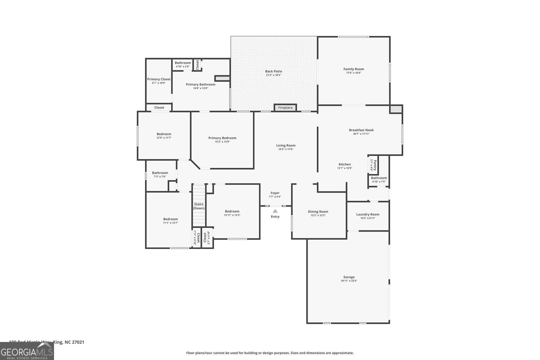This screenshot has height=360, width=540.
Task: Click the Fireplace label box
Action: [x=285, y=108]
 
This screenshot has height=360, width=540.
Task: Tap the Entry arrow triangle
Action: [x=275, y=211]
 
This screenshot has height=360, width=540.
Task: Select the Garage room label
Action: [x=349, y=277]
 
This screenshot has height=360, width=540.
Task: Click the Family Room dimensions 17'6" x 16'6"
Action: [x=354, y=73]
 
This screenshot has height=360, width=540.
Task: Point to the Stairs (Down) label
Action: [x=199, y=206]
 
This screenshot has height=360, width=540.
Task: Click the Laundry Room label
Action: [x=368, y=214]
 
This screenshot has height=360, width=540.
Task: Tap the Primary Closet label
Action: [x=159, y=79]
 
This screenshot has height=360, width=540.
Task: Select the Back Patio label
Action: [x=273, y=71]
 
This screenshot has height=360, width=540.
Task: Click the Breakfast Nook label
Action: [x=361, y=130]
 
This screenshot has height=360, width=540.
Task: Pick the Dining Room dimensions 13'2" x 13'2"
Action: [x=318, y=215]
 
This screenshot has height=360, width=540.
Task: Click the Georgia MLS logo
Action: [x=27, y=351]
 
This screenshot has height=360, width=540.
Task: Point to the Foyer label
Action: [x=275, y=193]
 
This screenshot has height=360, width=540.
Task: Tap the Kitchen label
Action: [x=345, y=164]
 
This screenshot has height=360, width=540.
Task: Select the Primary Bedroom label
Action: [x=222, y=138]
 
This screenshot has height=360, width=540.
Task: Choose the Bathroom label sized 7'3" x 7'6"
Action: [x=160, y=173]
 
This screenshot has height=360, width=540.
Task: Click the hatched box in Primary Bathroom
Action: [x=222, y=78]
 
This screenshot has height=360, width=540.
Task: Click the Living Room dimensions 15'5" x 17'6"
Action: [x=286, y=149]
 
